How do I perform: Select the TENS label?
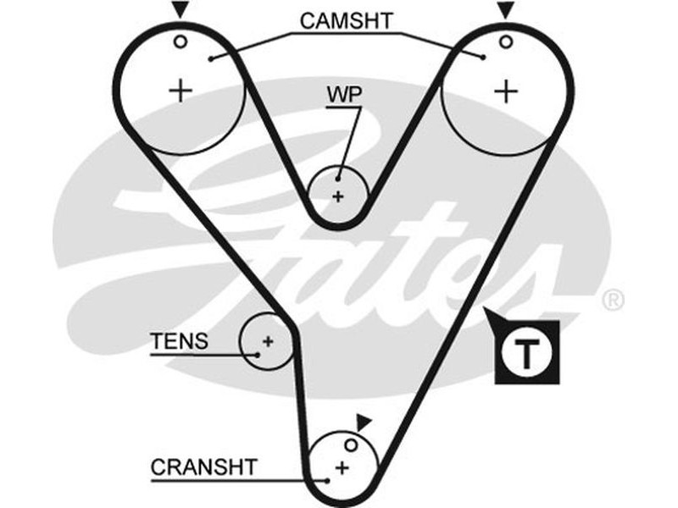click(x=179, y=342)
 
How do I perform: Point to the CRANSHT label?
click(x=203, y=467)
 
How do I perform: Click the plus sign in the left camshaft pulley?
click(x=181, y=90)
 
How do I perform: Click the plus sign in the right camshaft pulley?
click(x=506, y=90)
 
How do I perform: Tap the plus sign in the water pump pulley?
click(x=338, y=196)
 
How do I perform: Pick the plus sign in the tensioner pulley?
click(x=267, y=341)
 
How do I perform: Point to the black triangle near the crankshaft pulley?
click(x=364, y=421)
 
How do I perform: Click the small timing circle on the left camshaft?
click(x=180, y=40)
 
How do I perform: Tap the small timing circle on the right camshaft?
click(x=505, y=41)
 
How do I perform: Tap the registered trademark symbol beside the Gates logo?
click(x=613, y=300)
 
